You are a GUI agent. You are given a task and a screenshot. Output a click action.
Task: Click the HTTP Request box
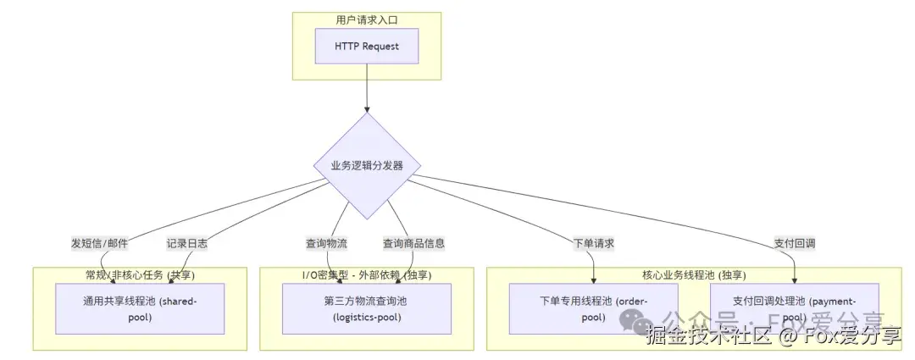(367, 46)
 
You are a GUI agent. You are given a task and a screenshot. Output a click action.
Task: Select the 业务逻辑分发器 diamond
(367, 166)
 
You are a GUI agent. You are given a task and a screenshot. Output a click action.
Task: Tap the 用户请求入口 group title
(367, 19)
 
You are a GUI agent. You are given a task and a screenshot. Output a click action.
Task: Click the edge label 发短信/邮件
(99, 243)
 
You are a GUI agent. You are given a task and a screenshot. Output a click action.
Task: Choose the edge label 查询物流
(326, 243)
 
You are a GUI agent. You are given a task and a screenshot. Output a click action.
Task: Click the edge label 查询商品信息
(413, 243)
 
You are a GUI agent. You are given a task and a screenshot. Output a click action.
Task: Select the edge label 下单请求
(593, 243)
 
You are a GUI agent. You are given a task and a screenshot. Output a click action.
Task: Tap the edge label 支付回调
(794, 243)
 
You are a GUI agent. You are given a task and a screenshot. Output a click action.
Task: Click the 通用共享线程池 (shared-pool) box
(140, 308)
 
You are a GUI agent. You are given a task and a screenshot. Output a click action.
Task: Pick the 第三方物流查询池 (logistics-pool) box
(366, 308)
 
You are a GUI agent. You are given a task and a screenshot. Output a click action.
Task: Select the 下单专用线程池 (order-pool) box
(593, 308)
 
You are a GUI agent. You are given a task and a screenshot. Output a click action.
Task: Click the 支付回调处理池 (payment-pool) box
(794, 308)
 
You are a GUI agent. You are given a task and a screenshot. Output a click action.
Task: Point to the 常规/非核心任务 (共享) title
(140, 274)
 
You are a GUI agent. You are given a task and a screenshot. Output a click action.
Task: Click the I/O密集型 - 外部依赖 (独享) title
(366, 274)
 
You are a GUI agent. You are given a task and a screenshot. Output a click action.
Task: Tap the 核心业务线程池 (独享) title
(694, 274)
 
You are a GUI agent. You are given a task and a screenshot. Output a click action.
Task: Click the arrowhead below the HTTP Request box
(367, 109)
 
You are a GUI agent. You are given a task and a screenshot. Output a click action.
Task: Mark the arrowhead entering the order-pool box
(593, 280)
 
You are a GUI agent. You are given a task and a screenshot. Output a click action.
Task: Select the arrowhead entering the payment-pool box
(794, 280)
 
